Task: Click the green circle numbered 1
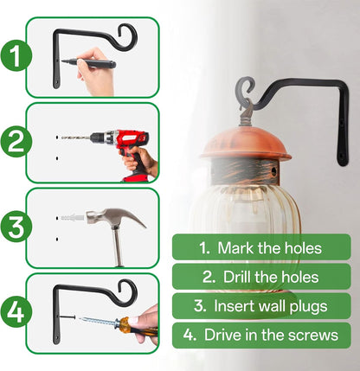13,59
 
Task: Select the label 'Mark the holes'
260,248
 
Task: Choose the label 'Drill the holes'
260,277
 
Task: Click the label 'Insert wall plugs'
260,305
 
